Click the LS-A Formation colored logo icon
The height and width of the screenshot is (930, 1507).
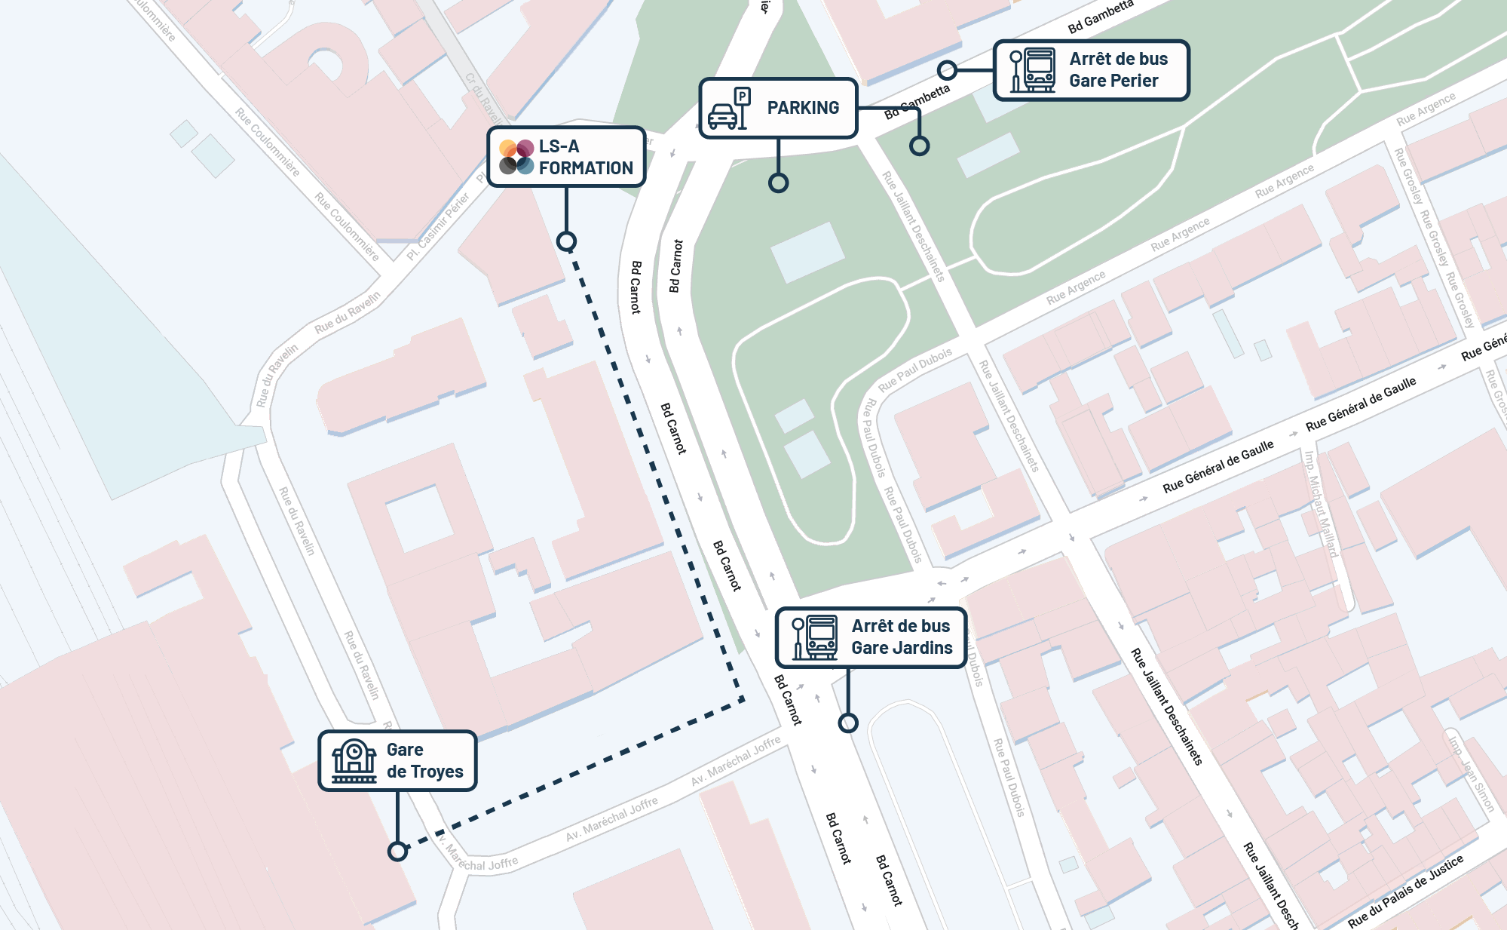(516, 157)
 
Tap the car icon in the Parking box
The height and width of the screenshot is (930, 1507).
(724, 116)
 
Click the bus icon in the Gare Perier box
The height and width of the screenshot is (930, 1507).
(1039, 69)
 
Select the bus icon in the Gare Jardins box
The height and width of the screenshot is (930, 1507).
(821, 637)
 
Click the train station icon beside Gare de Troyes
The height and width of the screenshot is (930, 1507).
(354, 760)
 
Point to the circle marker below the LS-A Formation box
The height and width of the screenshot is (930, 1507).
(566, 241)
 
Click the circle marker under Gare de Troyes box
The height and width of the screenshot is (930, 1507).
(397, 852)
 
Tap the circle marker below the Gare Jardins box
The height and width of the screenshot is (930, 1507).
(848, 723)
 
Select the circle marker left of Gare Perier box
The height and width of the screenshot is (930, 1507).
(948, 70)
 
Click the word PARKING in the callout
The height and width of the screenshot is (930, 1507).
(803, 108)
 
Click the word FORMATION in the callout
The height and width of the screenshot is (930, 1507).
(586, 168)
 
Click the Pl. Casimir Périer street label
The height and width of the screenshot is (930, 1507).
(438, 226)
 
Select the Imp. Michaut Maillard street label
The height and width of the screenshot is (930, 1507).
(1321, 503)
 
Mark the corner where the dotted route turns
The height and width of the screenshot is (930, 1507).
(743, 700)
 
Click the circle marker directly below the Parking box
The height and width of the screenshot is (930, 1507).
(778, 183)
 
